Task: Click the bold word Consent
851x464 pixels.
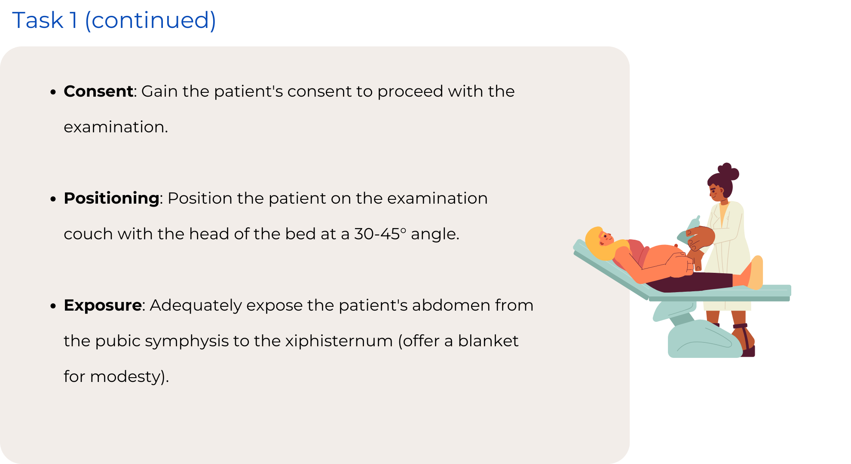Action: coord(98,91)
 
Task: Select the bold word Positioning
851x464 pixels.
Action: coord(112,198)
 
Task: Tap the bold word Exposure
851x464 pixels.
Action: coord(103,305)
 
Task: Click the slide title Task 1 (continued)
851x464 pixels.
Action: coord(114,20)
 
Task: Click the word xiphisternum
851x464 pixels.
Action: coord(339,341)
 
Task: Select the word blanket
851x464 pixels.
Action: coord(488,341)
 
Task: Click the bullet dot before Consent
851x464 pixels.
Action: coord(53,92)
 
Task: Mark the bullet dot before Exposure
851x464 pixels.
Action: coord(53,306)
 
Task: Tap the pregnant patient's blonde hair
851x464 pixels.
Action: coord(597,245)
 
